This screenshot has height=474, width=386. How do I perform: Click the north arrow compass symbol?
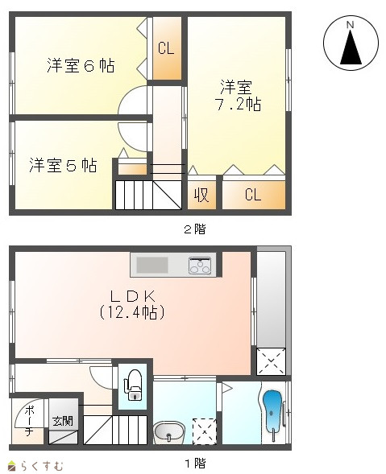coord(351,43)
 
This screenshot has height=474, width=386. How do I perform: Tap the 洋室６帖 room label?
coord(81,66)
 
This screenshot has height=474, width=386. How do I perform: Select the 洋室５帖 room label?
coord(63,165)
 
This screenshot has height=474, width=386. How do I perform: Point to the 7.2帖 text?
coord(238,105)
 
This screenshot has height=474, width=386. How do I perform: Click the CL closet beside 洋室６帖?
coord(166,48)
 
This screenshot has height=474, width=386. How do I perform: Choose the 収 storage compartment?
coord(201,195)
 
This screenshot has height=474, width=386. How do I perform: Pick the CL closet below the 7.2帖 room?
coord(254,195)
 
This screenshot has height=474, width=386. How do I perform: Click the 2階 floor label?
coord(195,229)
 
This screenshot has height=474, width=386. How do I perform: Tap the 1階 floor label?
coord(195,463)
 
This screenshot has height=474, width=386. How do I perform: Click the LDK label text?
coord(132,297)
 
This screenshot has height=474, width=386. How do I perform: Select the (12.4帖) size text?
coord(131,312)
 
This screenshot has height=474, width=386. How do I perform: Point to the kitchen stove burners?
coord(200,266)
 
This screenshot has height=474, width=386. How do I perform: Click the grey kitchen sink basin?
coord(152,265)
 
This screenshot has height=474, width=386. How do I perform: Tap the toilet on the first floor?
coord(134,385)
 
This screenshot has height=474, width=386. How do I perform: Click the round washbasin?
coord(169,433)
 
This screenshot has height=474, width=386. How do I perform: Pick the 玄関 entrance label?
coord(63,421)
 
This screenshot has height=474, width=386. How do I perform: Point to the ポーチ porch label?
coord(29,422)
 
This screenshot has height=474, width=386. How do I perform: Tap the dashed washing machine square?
coord(205,431)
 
